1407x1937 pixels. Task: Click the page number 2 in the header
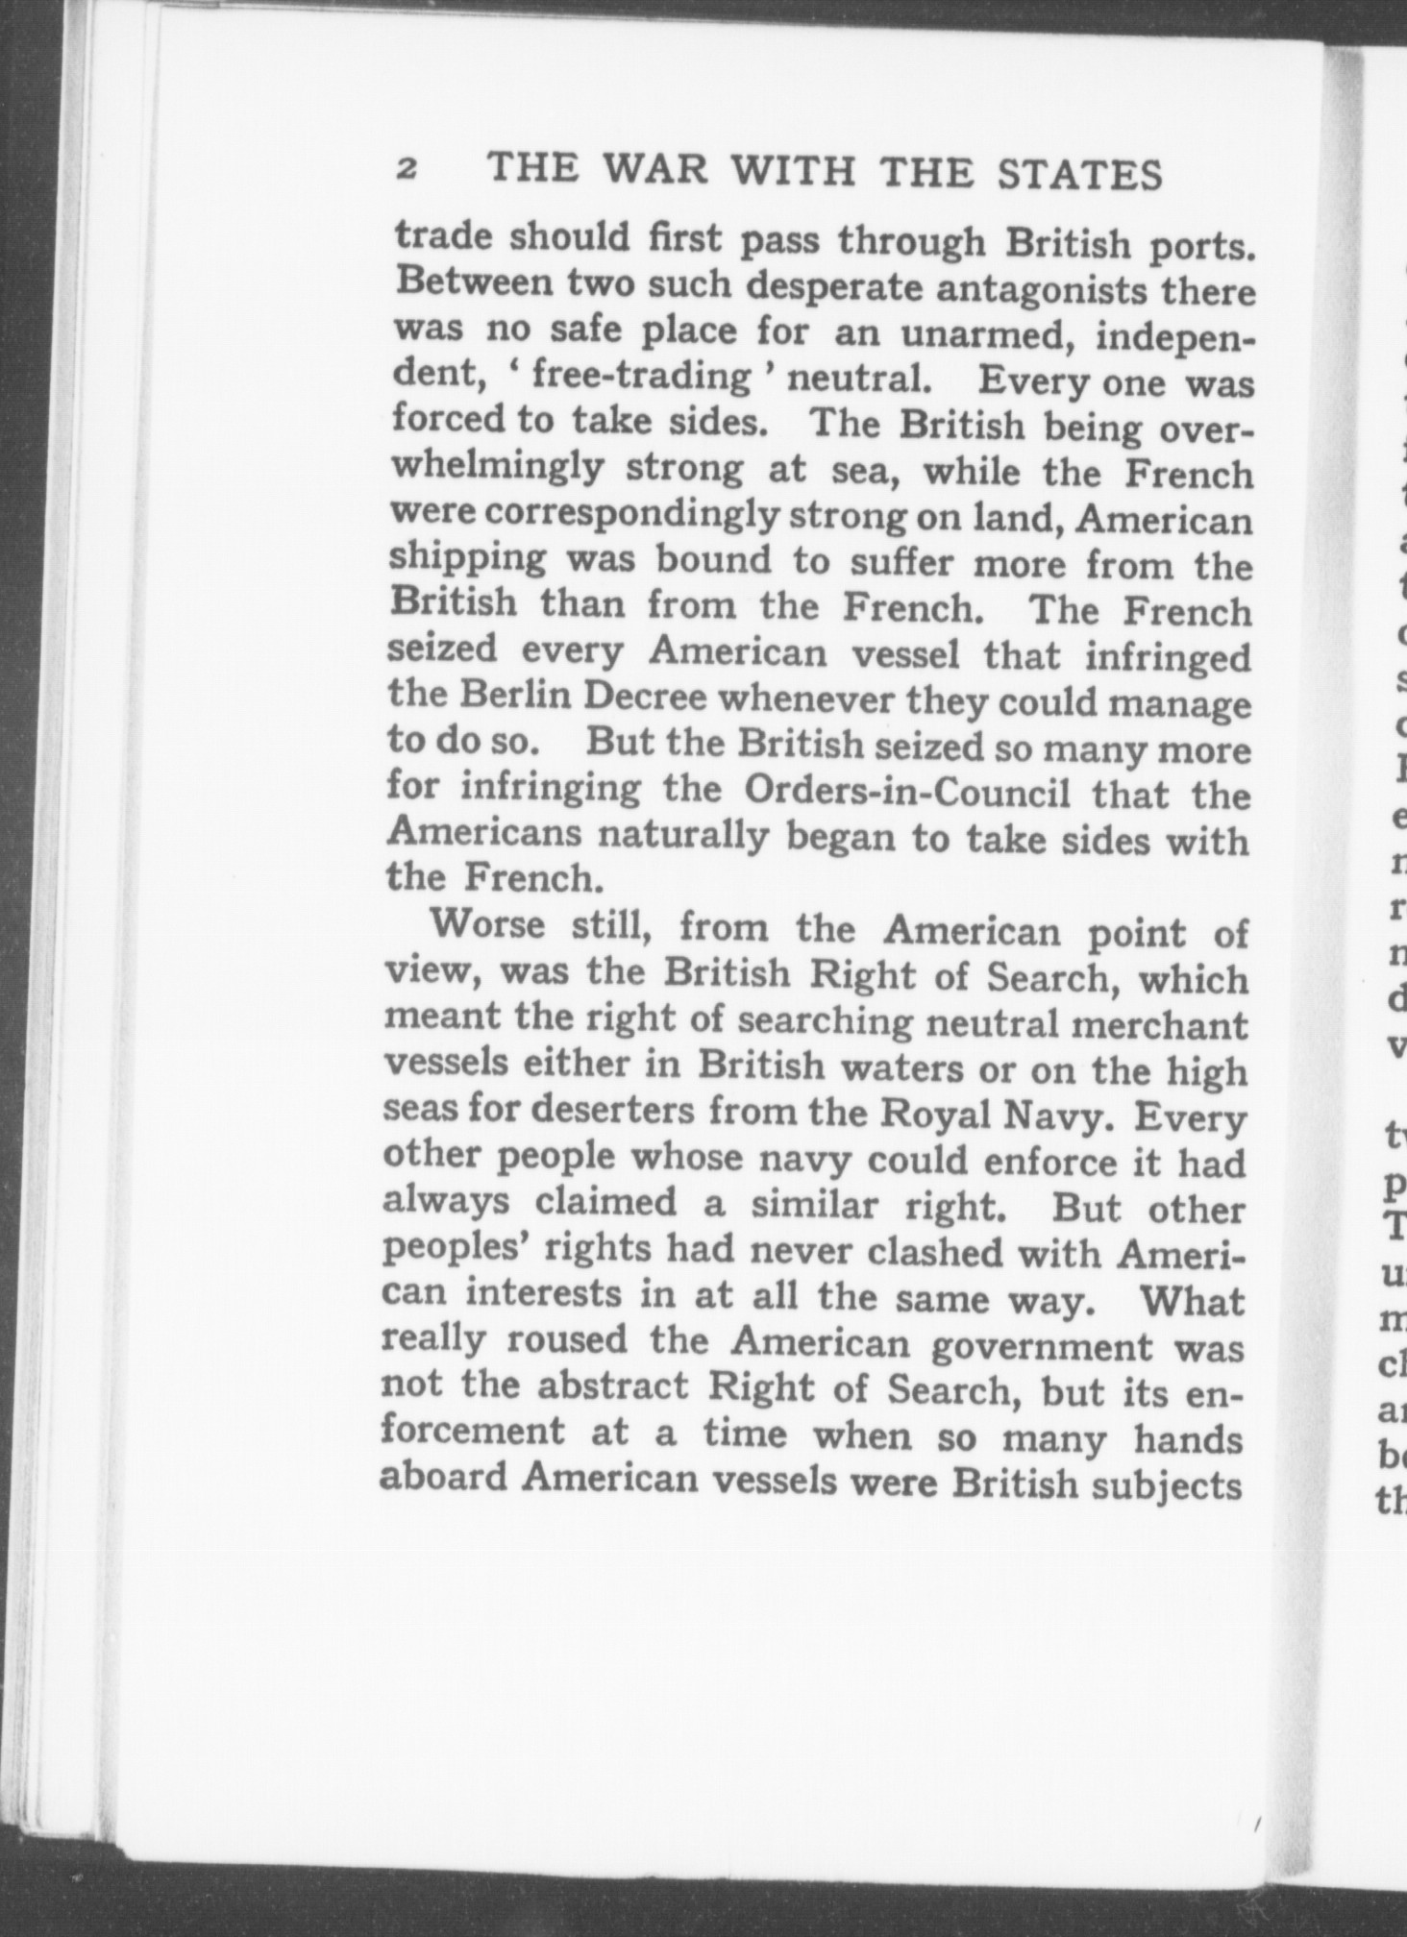tap(407, 170)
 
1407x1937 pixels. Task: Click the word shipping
tap(467, 560)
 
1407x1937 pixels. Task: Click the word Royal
tap(930, 1116)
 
